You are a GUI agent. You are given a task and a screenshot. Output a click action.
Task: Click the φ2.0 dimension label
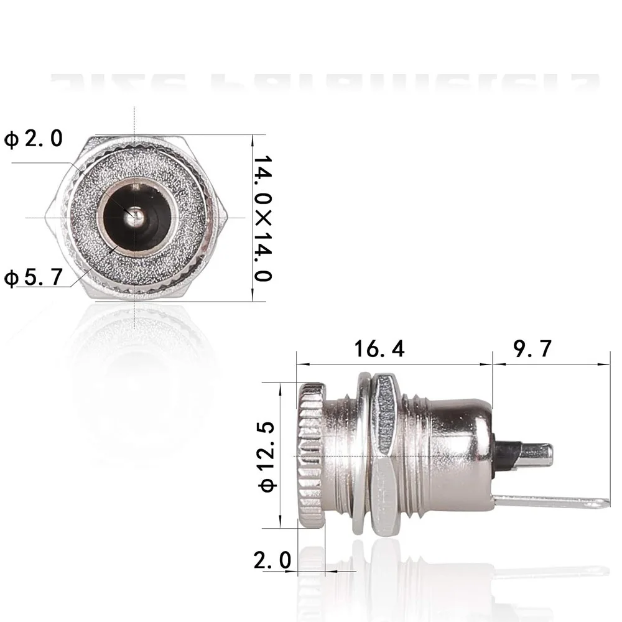pos(34,138)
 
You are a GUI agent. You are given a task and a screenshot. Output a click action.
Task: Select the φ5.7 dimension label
pos(34,277)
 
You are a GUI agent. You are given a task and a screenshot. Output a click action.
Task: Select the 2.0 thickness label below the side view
pos(272,560)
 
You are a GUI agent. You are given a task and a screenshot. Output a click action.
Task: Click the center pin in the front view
pos(136,217)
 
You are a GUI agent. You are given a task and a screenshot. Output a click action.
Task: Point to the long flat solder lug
pos(547,501)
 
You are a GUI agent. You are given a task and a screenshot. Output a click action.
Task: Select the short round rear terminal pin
pos(532,457)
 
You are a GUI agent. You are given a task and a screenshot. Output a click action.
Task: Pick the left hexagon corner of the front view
pos(46,217)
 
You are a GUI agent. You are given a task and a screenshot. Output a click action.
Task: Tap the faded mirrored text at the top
pos(323,84)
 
